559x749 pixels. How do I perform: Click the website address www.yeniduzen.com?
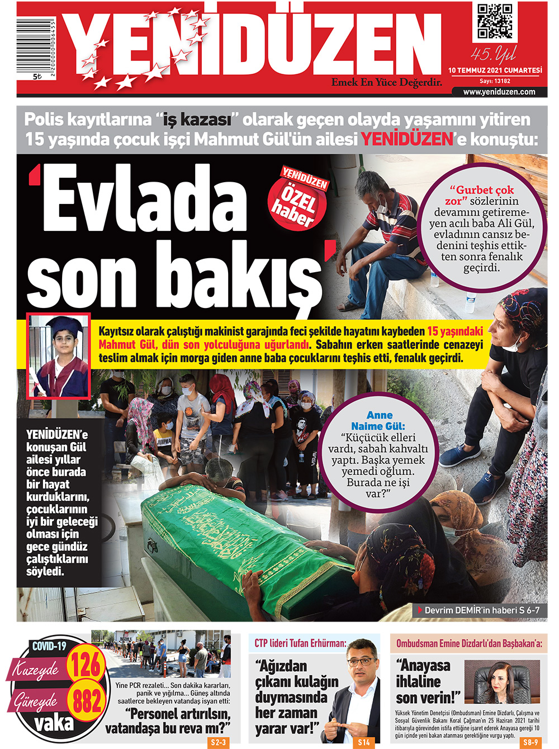click(499, 92)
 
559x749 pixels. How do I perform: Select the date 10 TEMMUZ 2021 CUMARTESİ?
click(495, 70)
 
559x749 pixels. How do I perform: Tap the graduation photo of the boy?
click(59, 356)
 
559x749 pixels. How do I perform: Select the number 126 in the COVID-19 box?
click(86, 665)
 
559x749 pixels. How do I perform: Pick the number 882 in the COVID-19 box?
click(86, 701)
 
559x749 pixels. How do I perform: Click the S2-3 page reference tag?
click(218, 742)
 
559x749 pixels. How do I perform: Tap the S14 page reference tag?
click(364, 742)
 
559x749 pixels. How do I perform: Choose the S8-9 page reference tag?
click(530, 742)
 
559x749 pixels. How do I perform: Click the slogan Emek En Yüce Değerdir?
click(387, 83)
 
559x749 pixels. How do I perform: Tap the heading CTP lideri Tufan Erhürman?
click(300, 643)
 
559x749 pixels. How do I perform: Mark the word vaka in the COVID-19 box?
click(54, 723)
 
